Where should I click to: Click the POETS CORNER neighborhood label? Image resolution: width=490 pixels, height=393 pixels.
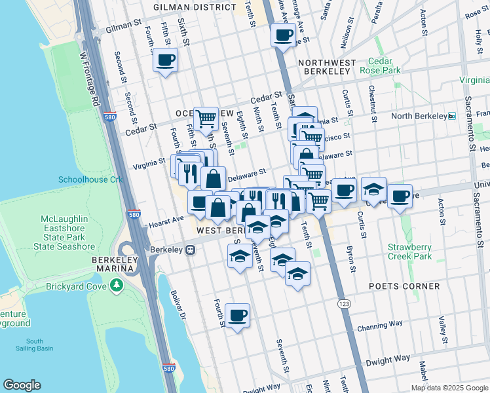click(x=404, y=286)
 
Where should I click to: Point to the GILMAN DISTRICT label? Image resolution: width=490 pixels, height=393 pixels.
click(x=194, y=7)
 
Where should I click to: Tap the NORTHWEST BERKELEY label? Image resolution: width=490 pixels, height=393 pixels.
click(x=326, y=63)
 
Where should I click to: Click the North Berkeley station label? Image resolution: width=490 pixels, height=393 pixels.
click(x=418, y=116)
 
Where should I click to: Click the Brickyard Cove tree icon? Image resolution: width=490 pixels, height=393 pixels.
click(x=117, y=285)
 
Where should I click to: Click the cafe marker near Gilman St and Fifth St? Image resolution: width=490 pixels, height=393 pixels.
click(x=165, y=61)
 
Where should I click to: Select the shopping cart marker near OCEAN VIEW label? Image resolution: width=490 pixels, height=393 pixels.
click(x=206, y=119)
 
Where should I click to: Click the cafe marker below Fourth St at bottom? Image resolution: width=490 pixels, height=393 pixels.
click(x=237, y=316)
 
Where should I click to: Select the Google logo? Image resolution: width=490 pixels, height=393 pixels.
click(x=22, y=385)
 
